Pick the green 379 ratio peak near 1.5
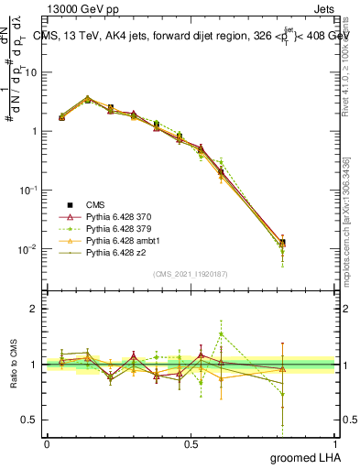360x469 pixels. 221,333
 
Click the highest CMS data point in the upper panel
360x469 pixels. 87,99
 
